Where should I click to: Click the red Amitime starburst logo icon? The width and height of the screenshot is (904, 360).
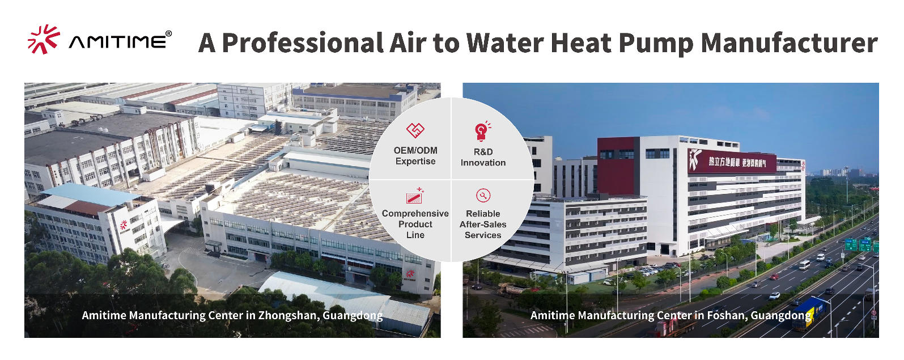pos(43,39)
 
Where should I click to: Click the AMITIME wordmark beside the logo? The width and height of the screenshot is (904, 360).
pos(118,42)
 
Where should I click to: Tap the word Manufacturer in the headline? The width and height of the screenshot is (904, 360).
pos(789,43)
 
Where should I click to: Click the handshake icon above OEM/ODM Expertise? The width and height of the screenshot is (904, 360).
pos(415,130)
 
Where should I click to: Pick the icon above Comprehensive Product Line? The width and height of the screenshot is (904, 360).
pos(415,196)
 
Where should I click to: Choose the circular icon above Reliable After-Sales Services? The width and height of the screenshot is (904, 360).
pos(483,196)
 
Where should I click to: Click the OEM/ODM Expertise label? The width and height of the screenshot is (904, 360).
pos(415,156)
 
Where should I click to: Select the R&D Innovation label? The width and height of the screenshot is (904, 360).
pos(483,157)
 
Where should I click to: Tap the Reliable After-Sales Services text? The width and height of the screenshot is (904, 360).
pos(483,225)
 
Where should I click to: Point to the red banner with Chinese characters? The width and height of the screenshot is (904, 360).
pos(731,162)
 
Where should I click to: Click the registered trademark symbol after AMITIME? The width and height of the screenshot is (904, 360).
pos(168,34)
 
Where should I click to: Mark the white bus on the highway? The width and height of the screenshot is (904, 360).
pos(804,265)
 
